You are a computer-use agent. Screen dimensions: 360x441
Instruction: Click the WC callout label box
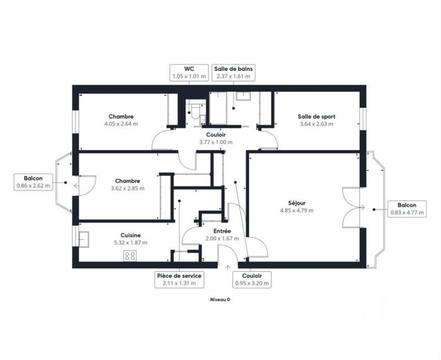(188, 72)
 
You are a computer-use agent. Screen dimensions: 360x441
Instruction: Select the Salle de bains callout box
(233, 72)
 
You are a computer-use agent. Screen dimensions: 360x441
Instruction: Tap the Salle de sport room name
(316, 116)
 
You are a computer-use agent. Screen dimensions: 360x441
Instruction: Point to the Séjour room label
(296, 202)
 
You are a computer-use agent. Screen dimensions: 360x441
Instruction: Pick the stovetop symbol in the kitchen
(131, 255)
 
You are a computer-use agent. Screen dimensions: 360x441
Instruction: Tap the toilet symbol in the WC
(195, 112)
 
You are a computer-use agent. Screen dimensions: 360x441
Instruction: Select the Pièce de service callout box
(179, 279)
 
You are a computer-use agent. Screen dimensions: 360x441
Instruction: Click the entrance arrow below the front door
(227, 267)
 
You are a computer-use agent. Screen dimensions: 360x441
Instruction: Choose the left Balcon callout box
(34, 182)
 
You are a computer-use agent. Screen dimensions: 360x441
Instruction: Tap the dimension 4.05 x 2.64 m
(121, 124)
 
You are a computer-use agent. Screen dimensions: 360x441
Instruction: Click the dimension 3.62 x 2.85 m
(127, 188)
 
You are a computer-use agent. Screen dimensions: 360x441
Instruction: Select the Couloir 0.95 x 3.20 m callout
(252, 279)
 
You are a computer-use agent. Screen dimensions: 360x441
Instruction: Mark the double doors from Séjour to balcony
(353, 207)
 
